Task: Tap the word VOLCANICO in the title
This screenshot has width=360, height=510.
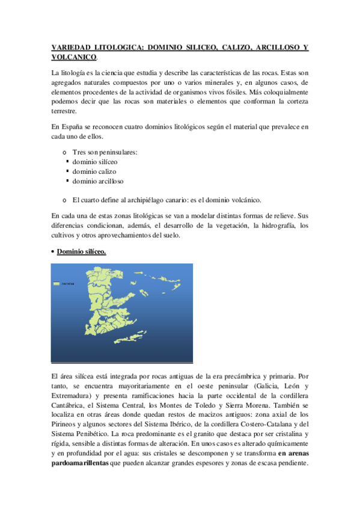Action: pos(74,57)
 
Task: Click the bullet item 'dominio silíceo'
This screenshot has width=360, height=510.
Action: pos(95,162)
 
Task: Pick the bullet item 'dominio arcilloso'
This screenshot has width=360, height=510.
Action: pos(98,181)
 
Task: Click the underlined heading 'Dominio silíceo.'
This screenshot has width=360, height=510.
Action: pos(81,251)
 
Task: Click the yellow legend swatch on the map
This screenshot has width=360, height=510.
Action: pos(58,284)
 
